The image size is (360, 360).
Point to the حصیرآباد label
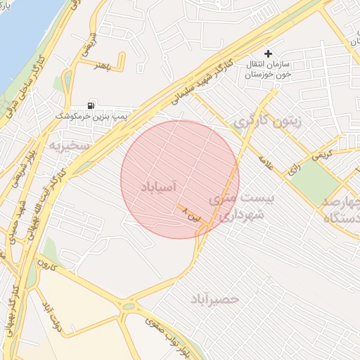[214, 300]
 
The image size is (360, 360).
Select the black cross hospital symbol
[267, 53]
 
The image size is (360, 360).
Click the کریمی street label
[321, 152]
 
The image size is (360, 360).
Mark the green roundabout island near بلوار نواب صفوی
[128, 306]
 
